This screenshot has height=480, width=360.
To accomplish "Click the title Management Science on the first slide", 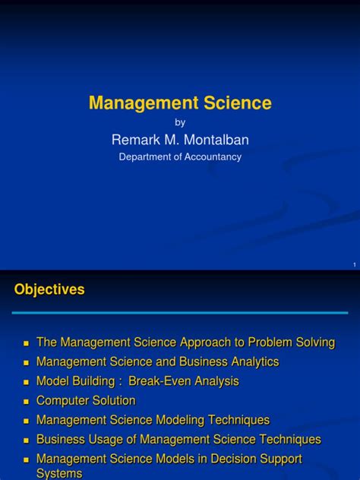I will (x=180, y=103).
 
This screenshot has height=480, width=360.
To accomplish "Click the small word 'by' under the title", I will (x=180, y=122).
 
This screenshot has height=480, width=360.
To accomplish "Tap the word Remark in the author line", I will (x=134, y=139).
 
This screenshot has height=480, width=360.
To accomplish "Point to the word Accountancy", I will (x=212, y=157).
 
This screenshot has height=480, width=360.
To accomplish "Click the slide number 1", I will (x=354, y=264).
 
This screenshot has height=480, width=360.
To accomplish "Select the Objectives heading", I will (x=49, y=289).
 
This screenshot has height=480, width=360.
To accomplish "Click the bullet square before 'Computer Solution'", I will (x=26, y=402).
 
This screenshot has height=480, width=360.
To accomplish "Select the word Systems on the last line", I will (x=59, y=473).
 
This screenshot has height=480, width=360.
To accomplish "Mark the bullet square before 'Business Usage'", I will (x=26, y=441).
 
